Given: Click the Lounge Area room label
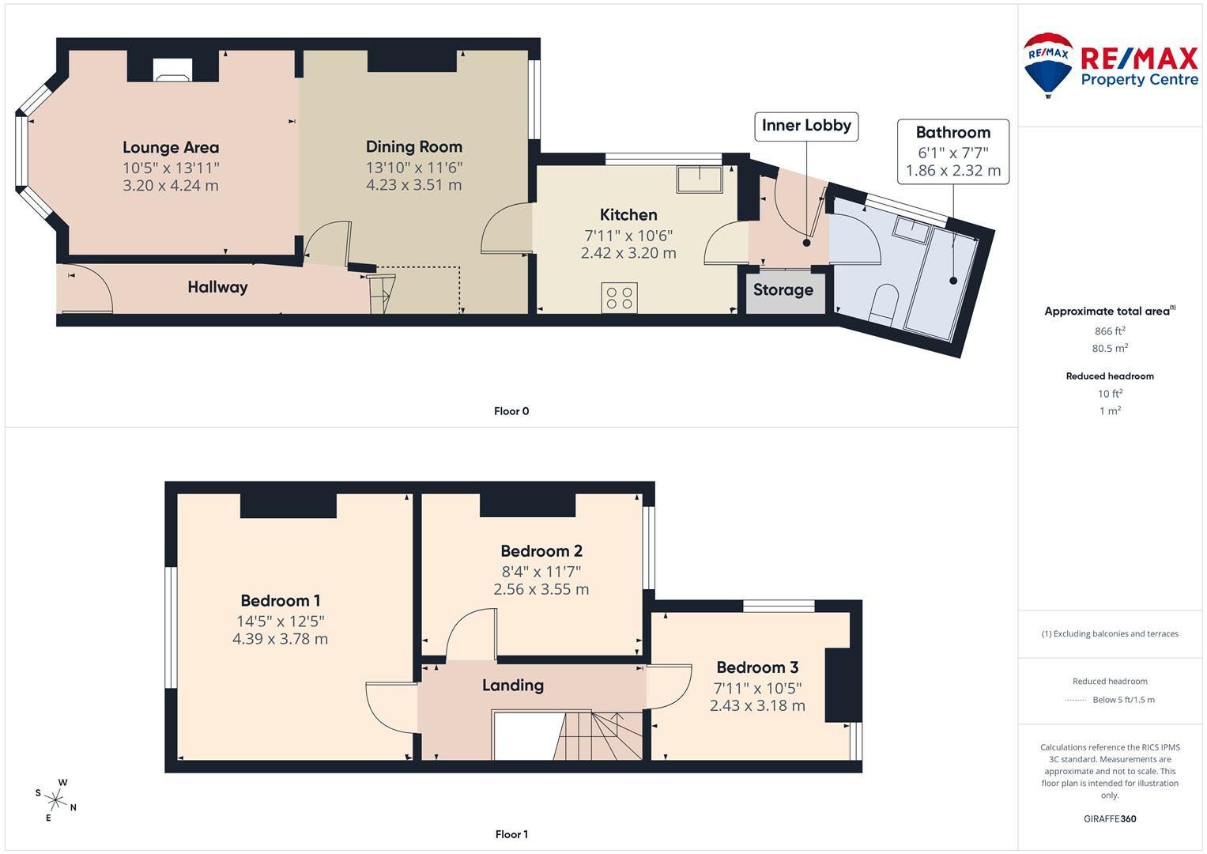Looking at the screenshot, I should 171,148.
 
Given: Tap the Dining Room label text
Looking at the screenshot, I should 413,147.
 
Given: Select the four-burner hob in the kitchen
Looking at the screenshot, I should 619,297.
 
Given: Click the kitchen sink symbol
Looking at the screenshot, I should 700,179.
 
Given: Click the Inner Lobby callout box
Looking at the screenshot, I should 805,126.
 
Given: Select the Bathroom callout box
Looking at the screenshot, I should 952,151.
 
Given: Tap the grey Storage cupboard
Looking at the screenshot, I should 783,290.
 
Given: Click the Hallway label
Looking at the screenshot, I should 217,287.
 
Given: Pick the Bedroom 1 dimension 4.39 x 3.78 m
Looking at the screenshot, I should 280,639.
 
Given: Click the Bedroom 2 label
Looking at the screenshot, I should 541,551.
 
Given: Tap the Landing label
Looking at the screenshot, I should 513,686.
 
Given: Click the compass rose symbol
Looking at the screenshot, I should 56,799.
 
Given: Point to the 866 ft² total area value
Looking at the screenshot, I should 1110,331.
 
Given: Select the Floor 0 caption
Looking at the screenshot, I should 511,411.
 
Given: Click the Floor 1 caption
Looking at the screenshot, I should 511,834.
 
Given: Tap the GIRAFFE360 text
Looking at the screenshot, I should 1110,818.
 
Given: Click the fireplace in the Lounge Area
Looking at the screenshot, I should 172,70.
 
